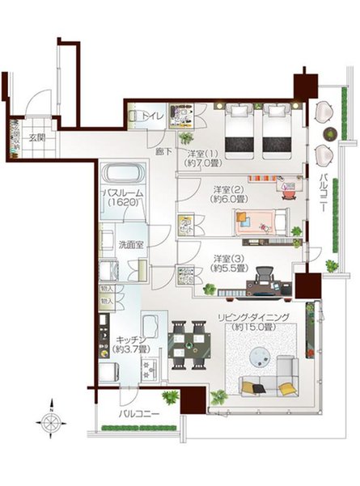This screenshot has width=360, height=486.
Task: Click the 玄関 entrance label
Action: [38, 137]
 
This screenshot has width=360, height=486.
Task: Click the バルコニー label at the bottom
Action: [137, 415]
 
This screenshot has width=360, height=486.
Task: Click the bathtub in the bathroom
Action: [122, 175]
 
